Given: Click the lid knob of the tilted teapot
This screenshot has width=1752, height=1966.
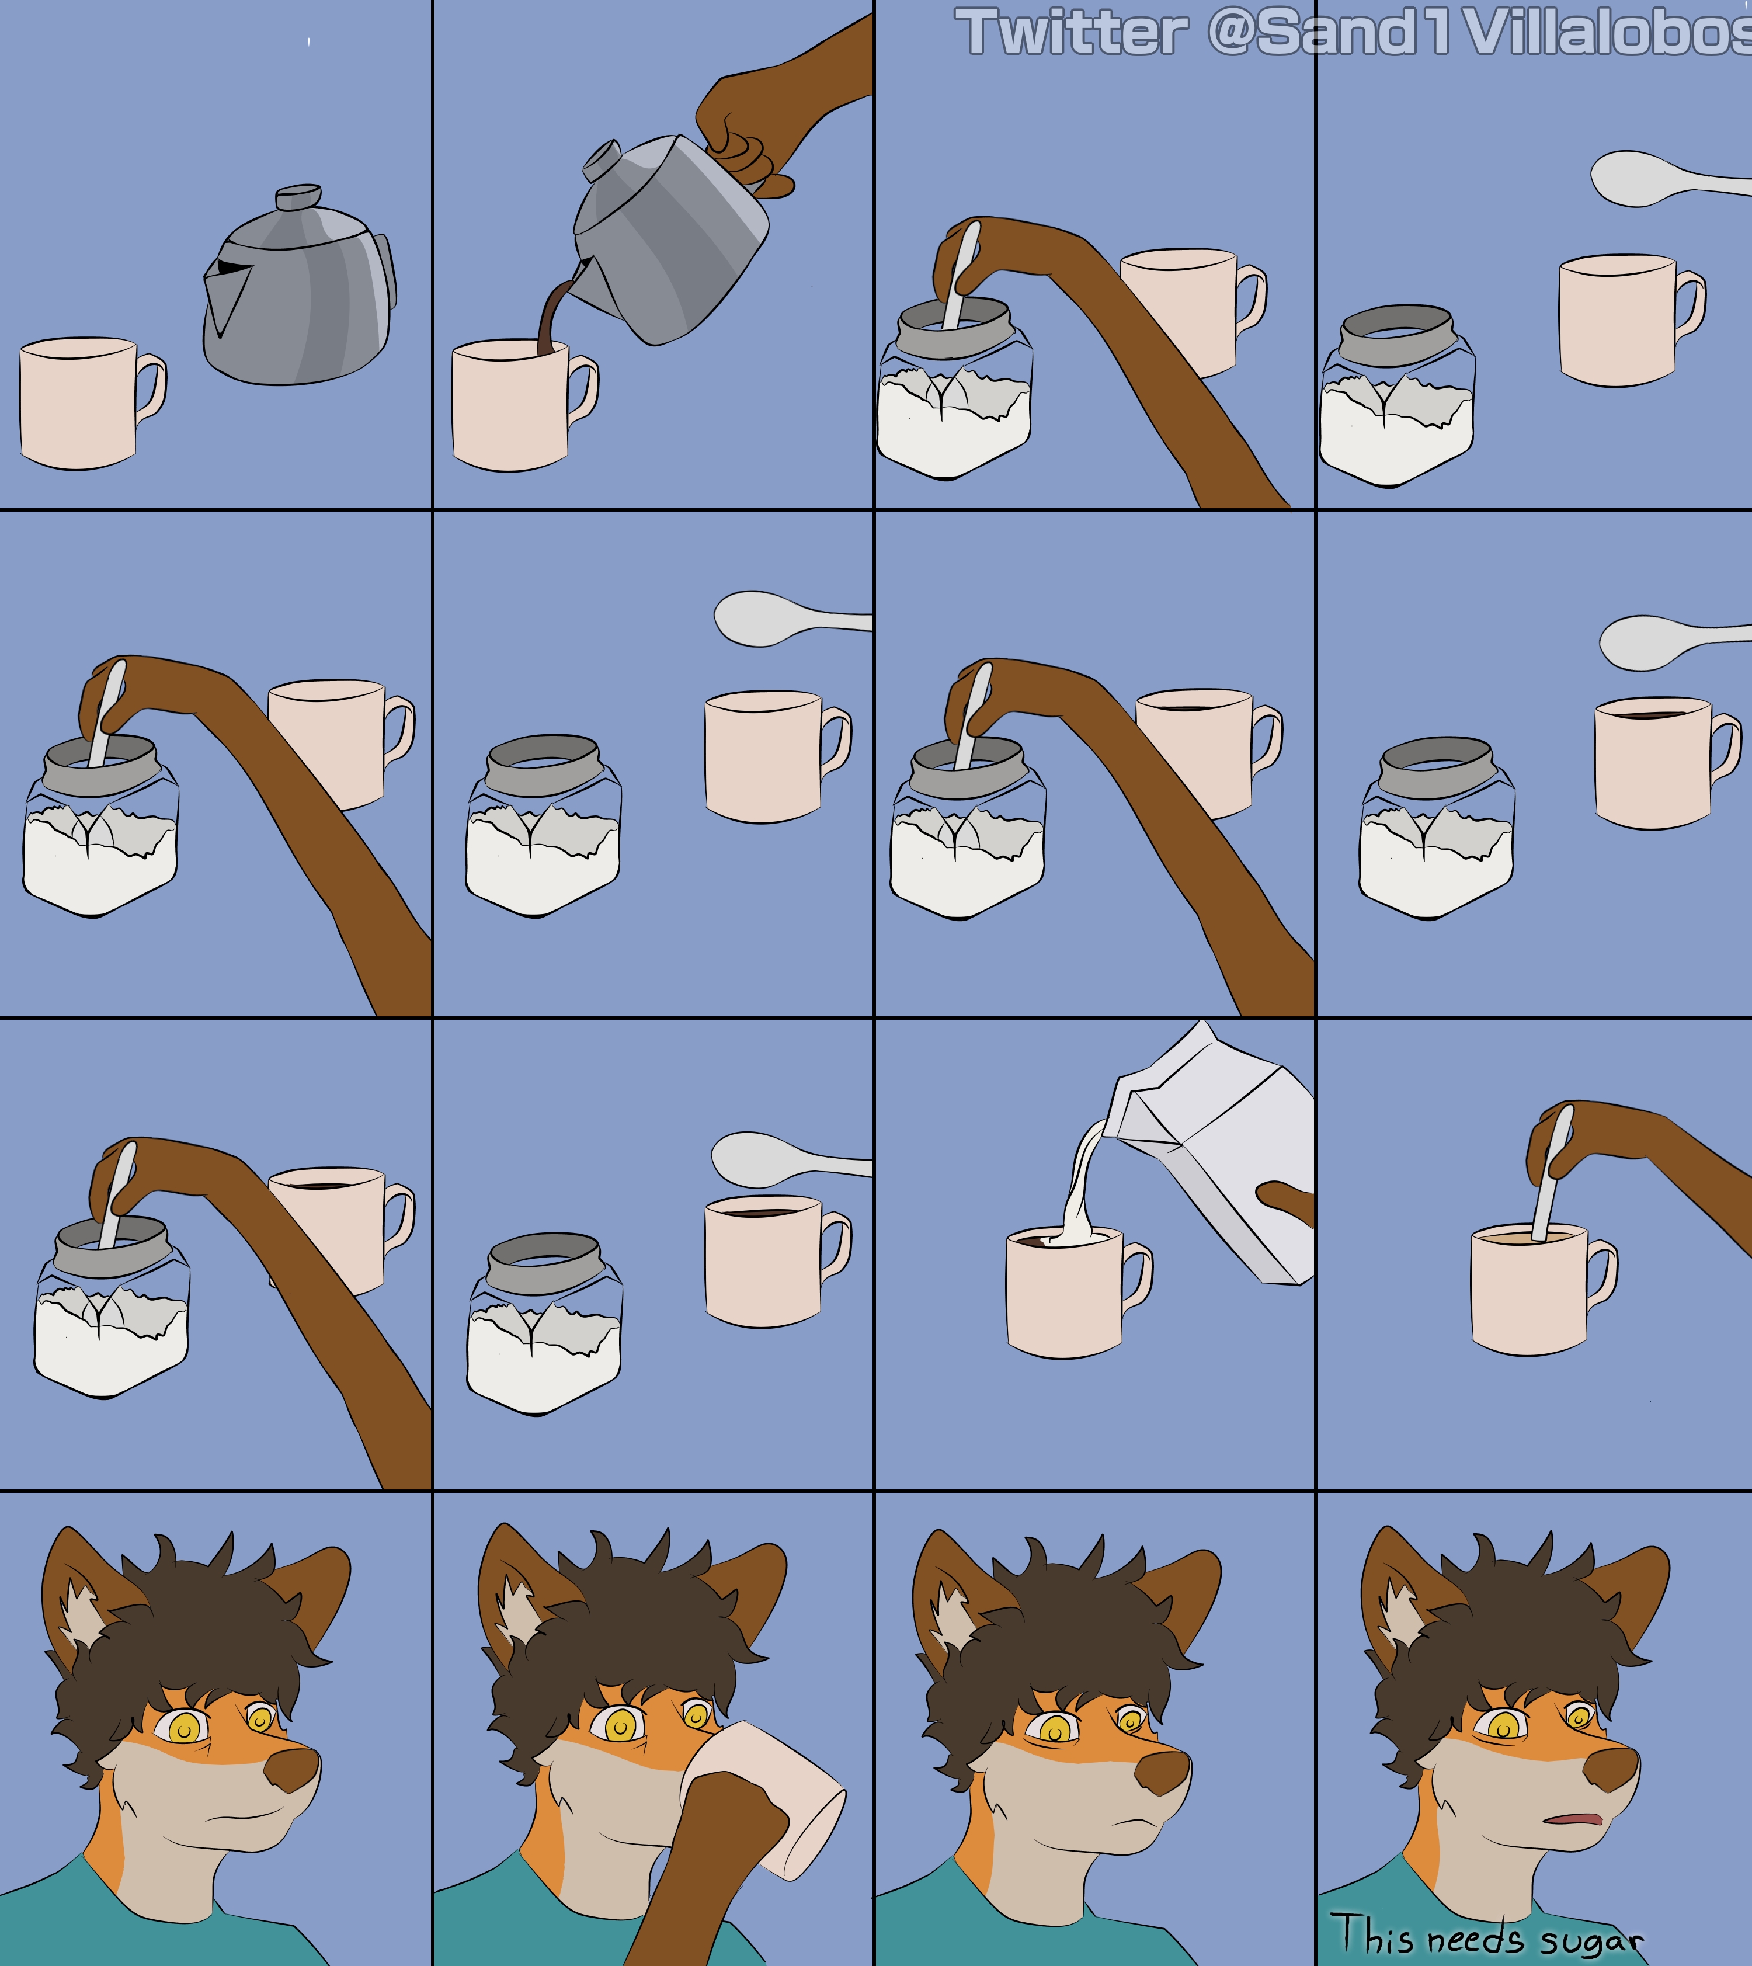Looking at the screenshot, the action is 602,159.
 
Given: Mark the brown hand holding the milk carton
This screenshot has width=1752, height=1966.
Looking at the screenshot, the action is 1287,1203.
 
